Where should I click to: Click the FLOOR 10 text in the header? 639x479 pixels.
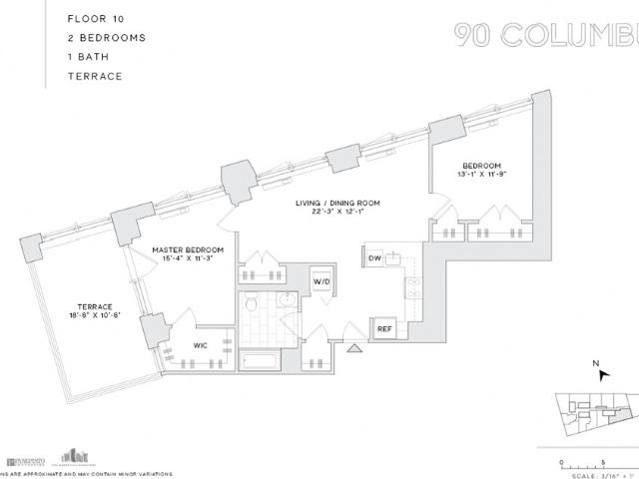[x=94, y=18]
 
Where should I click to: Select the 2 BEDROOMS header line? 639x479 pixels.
[x=107, y=37]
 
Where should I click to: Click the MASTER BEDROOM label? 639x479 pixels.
[x=188, y=249]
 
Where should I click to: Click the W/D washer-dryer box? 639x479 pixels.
[x=322, y=280]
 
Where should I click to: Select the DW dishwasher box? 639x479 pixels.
[x=374, y=258]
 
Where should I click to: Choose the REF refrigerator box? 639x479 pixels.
[x=383, y=328]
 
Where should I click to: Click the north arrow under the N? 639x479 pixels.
[x=602, y=375]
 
